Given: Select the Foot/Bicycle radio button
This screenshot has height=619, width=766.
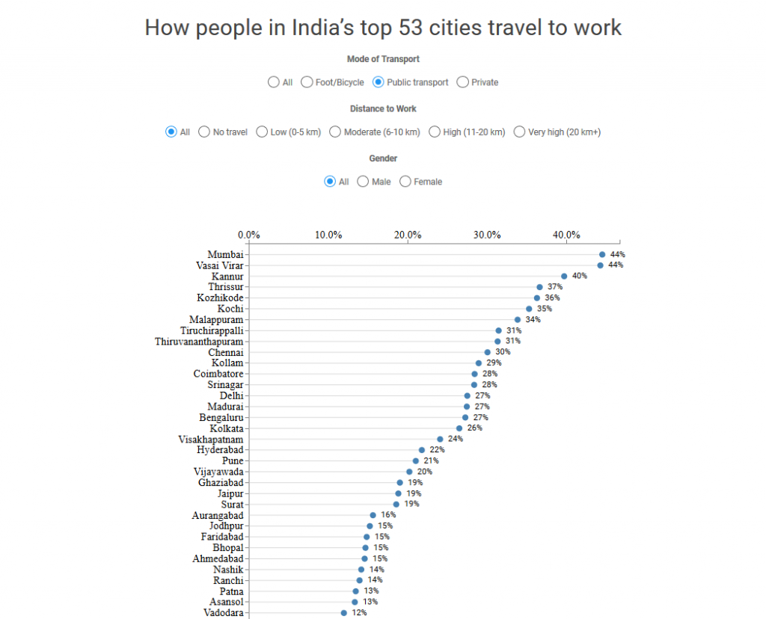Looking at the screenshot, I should click(x=307, y=82).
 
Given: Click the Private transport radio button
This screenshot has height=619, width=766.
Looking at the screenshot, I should click(x=463, y=82).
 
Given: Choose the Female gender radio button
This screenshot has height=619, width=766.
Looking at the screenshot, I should click(x=405, y=182).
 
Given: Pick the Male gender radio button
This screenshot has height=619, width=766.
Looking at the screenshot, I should click(x=364, y=182).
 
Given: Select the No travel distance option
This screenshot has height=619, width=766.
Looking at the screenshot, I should click(x=204, y=132).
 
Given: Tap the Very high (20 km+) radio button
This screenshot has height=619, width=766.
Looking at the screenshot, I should click(x=520, y=132).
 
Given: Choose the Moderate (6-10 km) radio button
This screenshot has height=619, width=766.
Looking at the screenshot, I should click(x=336, y=132).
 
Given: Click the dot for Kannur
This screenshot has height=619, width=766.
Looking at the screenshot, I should click(x=564, y=276).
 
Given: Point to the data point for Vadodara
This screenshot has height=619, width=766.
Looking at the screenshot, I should click(x=344, y=612).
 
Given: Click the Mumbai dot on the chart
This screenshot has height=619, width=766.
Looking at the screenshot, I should click(x=602, y=254).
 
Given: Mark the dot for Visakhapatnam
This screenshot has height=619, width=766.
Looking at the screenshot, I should click(x=440, y=439).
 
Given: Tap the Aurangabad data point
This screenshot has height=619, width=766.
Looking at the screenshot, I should click(x=373, y=515).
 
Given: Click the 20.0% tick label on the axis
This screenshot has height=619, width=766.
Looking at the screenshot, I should click(x=408, y=235).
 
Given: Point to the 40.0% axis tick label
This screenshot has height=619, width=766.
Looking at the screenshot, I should click(x=566, y=235).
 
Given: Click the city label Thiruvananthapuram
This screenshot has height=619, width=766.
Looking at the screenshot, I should click(x=199, y=342).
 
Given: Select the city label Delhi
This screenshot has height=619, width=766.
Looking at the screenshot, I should click(x=231, y=395).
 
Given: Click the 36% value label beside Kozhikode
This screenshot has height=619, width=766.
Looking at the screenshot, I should click(x=552, y=298).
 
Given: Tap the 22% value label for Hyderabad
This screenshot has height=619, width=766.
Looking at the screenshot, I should click(x=437, y=450).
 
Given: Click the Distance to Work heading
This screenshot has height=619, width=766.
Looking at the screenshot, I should click(x=383, y=109).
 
